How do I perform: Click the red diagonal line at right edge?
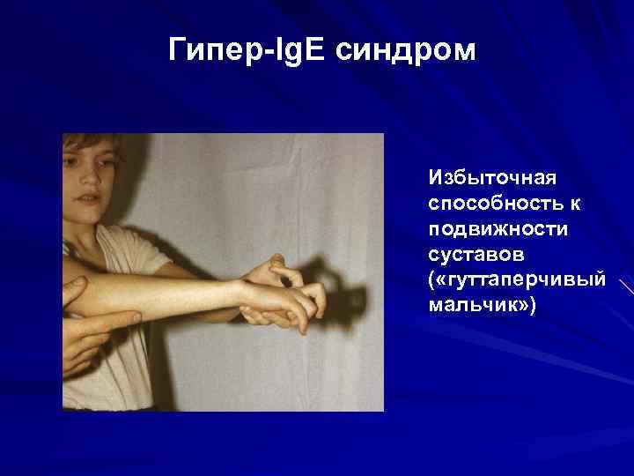[x=627, y=287]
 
